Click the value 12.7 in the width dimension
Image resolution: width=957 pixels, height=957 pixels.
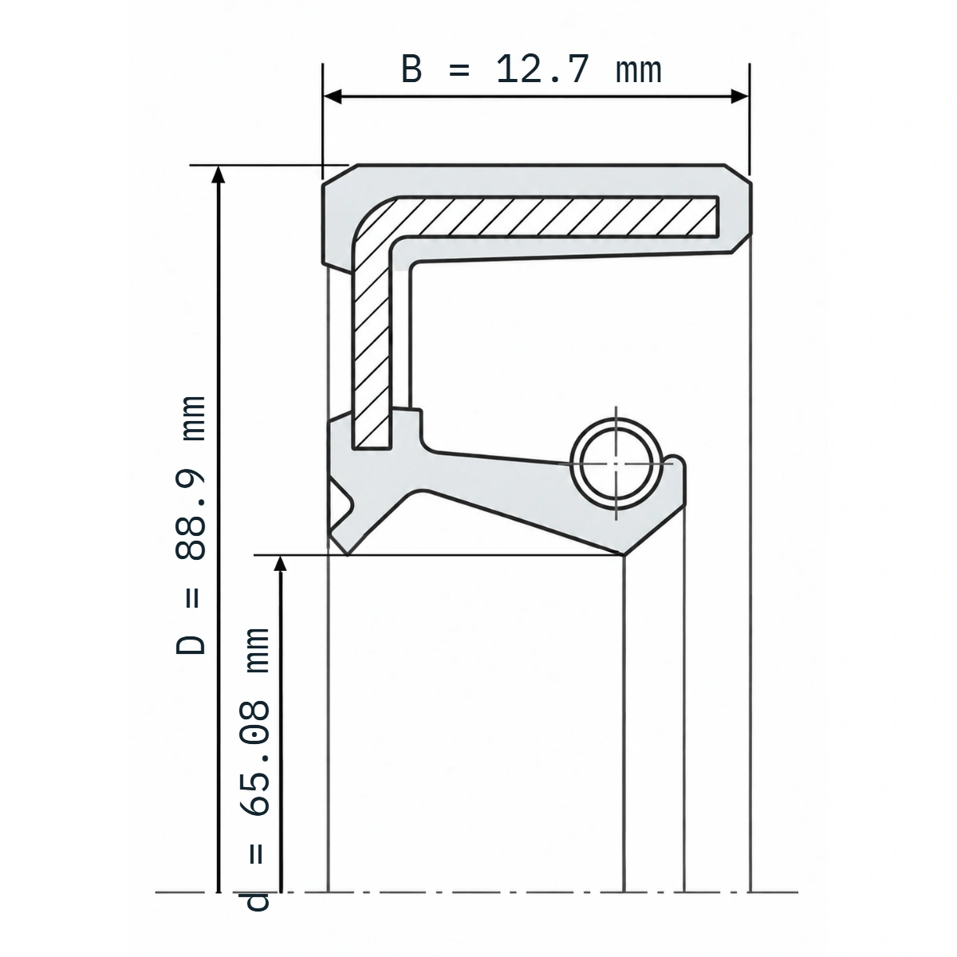[x=543, y=69]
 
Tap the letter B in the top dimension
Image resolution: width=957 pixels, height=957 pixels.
[x=412, y=69]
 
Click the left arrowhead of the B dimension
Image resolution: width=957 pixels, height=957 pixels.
[x=333, y=96]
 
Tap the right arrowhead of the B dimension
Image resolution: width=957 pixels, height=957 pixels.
[x=740, y=96]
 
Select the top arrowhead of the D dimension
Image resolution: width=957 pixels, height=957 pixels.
[x=219, y=175]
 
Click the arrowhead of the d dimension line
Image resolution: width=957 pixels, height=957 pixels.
[x=281, y=564]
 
